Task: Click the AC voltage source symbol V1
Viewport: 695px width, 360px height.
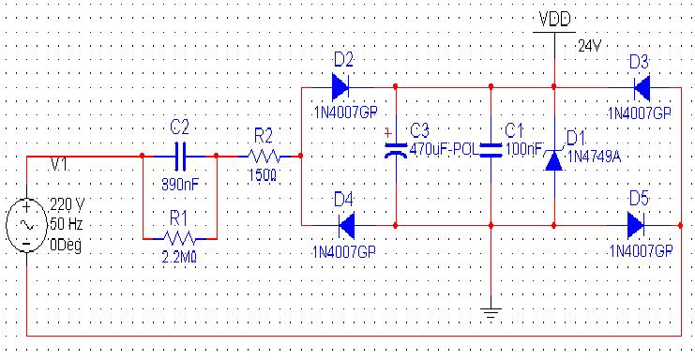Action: click(26, 225)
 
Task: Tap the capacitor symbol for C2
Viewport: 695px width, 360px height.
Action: click(179, 156)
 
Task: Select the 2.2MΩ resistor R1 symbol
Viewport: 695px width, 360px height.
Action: click(179, 239)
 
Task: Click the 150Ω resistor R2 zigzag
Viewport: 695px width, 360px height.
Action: click(264, 156)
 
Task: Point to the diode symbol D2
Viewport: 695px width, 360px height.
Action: click(340, 87)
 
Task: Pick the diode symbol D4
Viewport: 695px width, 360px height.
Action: click(346, 225)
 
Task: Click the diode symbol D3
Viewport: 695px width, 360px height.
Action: click(642, 88)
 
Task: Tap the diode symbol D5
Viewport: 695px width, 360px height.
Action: click(636, 225)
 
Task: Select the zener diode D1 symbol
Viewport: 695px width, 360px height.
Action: click(554, 160)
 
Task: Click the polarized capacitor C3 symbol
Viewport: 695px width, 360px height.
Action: click(396, 151)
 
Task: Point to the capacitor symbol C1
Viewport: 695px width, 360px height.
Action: click(491, 150)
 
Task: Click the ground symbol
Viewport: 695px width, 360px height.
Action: click(491, 312)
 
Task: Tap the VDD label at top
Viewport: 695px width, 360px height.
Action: click(554, 19)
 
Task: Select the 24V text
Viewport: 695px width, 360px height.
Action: click(590, 46)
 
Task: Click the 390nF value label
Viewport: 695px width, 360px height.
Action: click(180, 184)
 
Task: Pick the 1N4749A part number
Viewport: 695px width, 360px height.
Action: click(595, 157)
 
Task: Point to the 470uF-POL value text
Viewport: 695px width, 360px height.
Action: click(444, 149)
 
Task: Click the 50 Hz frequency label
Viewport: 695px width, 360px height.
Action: click(67, 224)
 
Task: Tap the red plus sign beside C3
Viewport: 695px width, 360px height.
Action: click(388, 132)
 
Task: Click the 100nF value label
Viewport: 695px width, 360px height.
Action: click(524, 149)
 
